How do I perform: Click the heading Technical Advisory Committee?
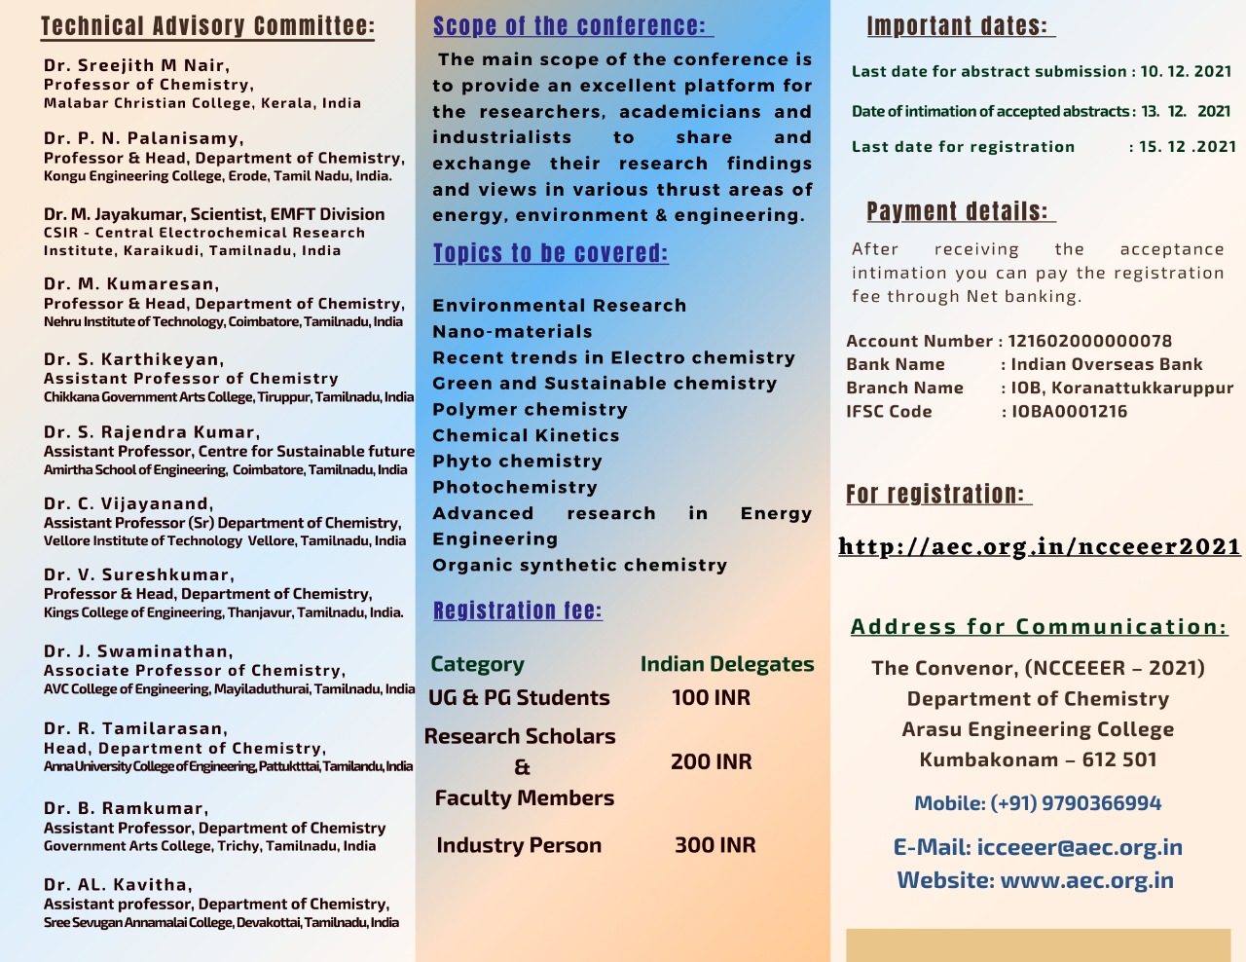pyautogui.click(x=207, y=26)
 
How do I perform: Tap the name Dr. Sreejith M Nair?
pyautogui.click(x=136, y=65)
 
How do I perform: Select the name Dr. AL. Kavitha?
pyautogui.click(x=117, y=885)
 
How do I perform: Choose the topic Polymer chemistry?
pyautogui.click(x=530, y=410)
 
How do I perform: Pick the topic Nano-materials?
pyautogui.click(x=512, y=332)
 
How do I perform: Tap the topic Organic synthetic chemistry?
pyautogui.click(x=579, y=566)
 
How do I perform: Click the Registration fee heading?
pyautogui.click(x=518, y=610)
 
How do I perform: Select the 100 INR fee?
pyautogui.click(x=711, y=698)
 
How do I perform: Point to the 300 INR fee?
pyautogui.click(x=715, y=845)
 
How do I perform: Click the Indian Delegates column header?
pyautogui.click(x=727, y=664)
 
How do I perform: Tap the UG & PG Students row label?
pyautogui.click(x=519, y=698)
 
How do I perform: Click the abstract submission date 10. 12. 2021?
pyautogui.click(x=1186, y=71)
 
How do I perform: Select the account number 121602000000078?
pyautogui.click(x=1089, y=341)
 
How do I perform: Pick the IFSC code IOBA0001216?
pyautogui.click(x=1069, y=411)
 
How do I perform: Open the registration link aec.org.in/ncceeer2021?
pyautogui.click(x=1039, y=546)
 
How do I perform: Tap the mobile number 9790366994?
pyautogui.click(x=1101, y=803)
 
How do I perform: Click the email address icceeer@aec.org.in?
pyautogui.click(x=1080, y=847)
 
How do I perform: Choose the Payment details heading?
pyautogui.click(x=958, y=211)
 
